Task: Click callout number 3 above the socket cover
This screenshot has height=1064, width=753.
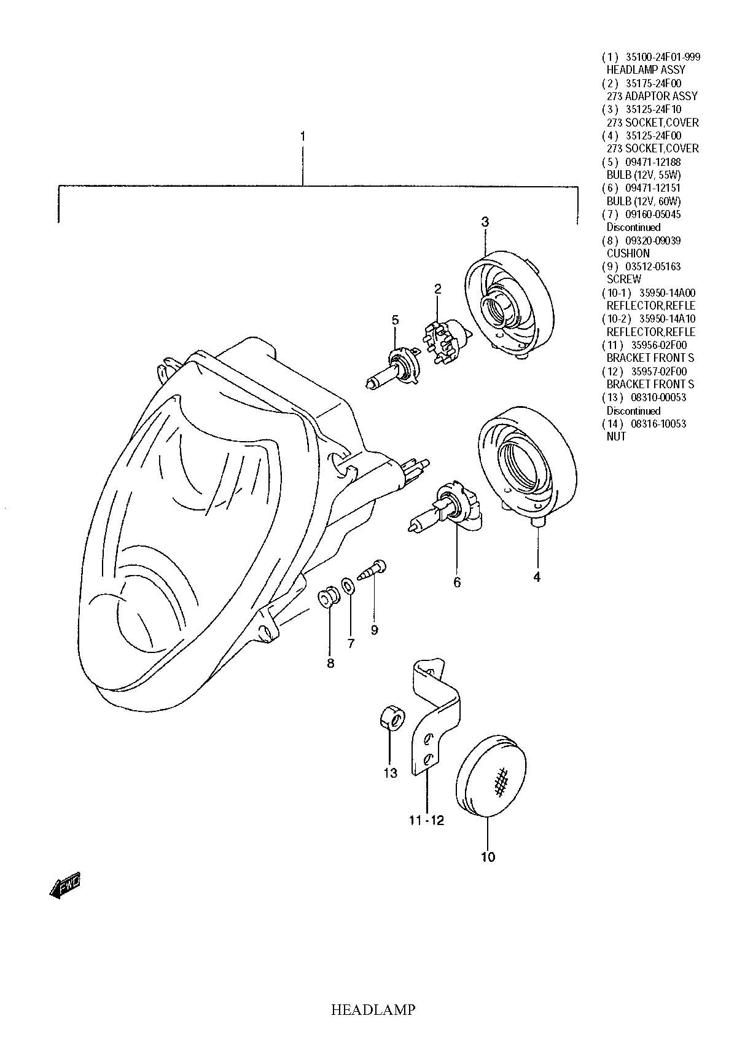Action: pyautogui.click(x=485, y=222)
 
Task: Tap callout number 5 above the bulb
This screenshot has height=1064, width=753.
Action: pyautogui.click(x=395, y=319)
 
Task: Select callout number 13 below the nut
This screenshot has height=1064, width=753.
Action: pyautogui.click(x=391, y=773)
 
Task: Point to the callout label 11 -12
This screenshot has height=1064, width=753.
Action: pyautogui.click(x=426, y=820)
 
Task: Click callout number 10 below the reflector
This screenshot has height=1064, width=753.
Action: pyautogui.click(x=488, y=856)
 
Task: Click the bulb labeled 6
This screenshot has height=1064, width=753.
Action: pyautogui.click(x=442, y=510)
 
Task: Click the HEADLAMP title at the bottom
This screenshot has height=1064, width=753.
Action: pyautogui.click(x=373, y=1009)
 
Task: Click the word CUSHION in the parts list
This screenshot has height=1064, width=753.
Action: pyautogui.click(x=628, y=253)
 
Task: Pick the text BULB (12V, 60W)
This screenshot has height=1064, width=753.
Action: pyautogui.click(x=643, y=201)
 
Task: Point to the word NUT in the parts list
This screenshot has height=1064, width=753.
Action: pyautogui.click(x=616, y=436)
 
